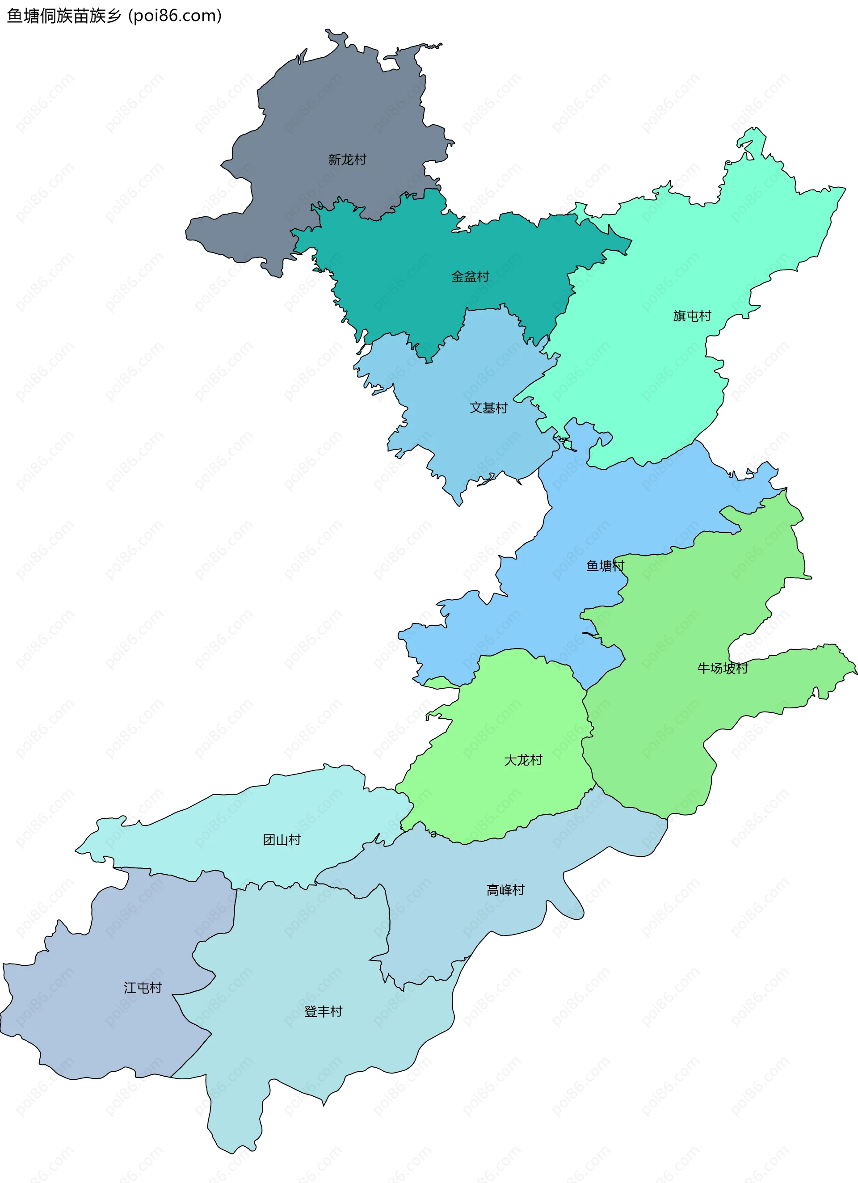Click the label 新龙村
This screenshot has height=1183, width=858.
click(x=347, y=160)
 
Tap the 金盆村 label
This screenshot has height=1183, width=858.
click(x=470, y=277)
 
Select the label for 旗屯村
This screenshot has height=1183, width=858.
click(x=692, y=316)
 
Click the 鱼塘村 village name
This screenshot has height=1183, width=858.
click(x=605, y=566)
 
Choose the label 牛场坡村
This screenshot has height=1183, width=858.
click(x=723, y=668)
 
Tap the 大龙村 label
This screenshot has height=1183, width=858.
click(x=523, y=760)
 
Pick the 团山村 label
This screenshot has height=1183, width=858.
click(x=282, y=839)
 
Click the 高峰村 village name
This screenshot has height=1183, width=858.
click(x=505, y=890)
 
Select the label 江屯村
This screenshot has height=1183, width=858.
click(x=143, y=987)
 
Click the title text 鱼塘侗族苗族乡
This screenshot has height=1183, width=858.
click(x=63, y=16)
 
